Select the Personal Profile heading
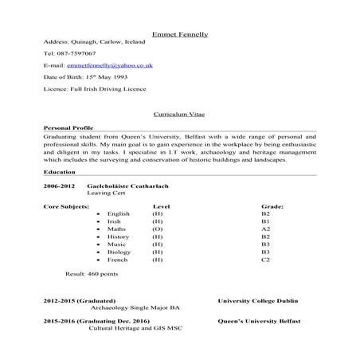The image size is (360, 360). (69, 128)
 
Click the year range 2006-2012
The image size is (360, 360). (60, 186)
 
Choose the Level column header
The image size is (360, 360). (162, 206)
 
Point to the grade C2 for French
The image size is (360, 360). (266, 260)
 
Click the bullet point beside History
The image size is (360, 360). (97, 237)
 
